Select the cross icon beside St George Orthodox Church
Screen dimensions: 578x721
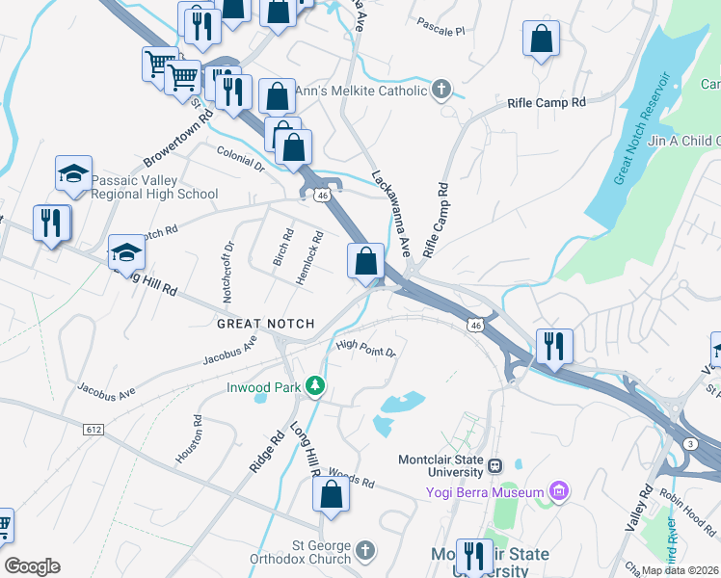[364, 550]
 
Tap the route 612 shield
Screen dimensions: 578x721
[93, 429]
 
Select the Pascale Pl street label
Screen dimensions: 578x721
[441, 31]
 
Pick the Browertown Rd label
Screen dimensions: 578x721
[176, 141]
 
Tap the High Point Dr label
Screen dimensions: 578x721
[366, 348]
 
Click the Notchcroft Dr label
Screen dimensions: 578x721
[227, 273]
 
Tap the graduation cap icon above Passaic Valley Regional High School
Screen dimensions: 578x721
[73, 172]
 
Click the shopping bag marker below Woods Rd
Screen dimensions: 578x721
[331, 493]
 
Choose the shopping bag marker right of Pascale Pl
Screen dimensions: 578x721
[542, 39]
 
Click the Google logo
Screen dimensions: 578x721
[32, 566]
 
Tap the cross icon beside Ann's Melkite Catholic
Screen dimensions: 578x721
[441, 91]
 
